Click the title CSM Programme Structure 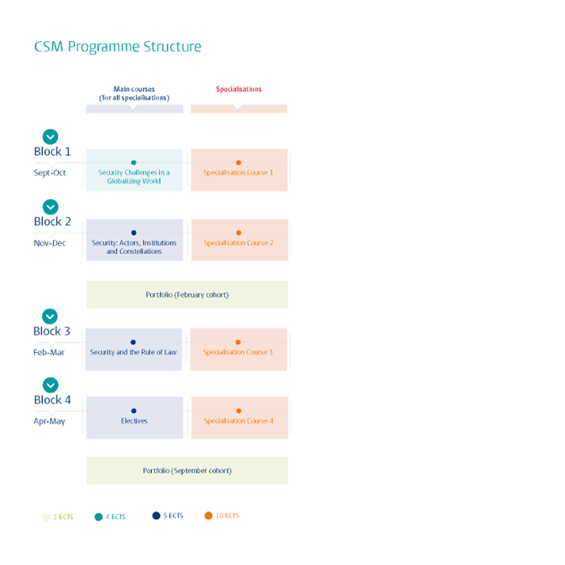tap(118, 47)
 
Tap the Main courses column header tap(134, 94)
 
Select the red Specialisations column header tap(239, 89)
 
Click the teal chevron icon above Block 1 tap(50, 136)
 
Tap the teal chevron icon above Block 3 tap(50, 316)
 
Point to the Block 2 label tap(52, 222)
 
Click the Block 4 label tap(52, 400)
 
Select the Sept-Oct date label tap(50, 173)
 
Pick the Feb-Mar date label tap(48, 352)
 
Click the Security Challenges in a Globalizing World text tap(134, 177)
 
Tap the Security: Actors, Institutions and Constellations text tap(134, 247)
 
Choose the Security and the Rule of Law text tap(133, 352)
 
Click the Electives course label tap(134, 421)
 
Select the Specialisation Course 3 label tap(238, 352)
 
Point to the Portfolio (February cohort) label tap(187, 295)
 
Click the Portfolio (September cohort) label tap(187, 471)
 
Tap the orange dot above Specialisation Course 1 tap(239, 162)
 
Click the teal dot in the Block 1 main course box tap(134, 162)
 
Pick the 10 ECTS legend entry tap(222, 516)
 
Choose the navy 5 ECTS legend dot tap(156, 516)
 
